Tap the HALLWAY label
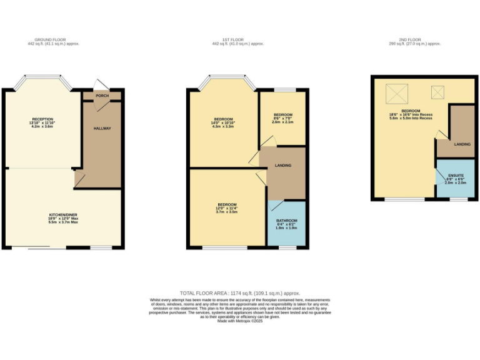click(102, 129)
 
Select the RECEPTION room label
click(42, 119)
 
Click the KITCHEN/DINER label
click(63, 214)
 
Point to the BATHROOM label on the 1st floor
click(286, 221)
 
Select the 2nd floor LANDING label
click(462, 144)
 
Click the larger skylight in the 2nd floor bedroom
click(396, 94)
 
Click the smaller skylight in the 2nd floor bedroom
click(436, 92)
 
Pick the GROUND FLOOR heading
click(53, 40)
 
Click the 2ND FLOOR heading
click(415, 40)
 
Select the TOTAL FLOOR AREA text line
click(240, 292)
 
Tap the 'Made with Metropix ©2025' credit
click(240, 321)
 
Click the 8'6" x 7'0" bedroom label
click(283, 115)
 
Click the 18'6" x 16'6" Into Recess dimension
click(411, 115)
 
